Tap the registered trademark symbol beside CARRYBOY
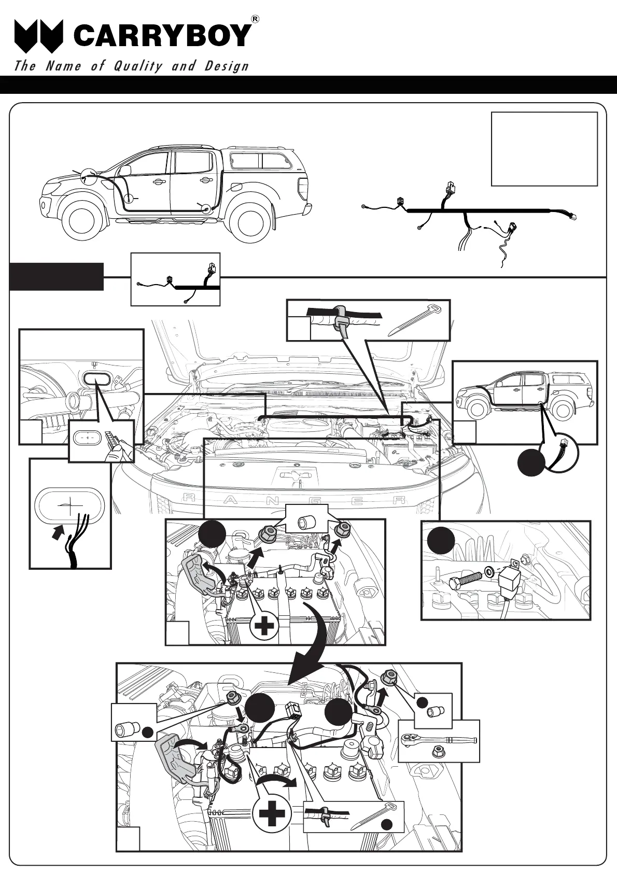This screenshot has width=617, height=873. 255,19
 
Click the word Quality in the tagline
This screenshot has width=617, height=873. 138,66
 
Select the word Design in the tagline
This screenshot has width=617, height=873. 227,66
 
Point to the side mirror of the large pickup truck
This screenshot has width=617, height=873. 125,170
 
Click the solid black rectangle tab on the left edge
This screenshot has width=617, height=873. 56,276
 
